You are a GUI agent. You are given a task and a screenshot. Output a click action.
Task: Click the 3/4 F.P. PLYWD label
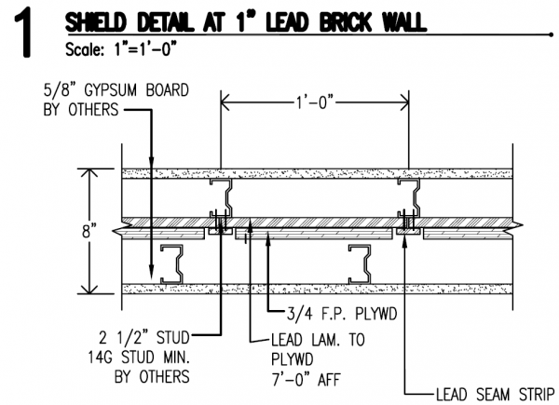click(333, 316)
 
